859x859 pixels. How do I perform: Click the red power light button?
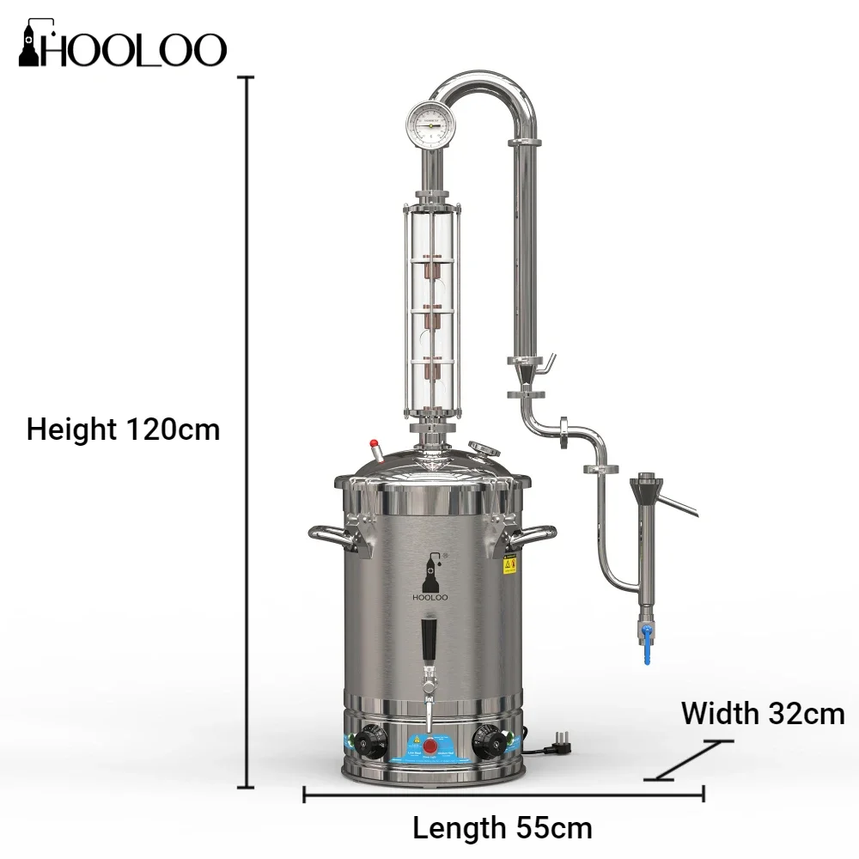(x=429, y=743)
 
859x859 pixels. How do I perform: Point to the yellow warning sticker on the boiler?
(x=509, y=564)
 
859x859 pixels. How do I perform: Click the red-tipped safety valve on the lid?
(x=375, y=449)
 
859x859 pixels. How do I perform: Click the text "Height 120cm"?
(x=123, y=429)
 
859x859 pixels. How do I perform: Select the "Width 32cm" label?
(x=763, y=713)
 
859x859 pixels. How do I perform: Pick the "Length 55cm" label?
(x=503, y=828)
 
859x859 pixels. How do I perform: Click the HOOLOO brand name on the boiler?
(x=429, y=597)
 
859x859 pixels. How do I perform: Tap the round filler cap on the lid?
(x=485, y=448)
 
